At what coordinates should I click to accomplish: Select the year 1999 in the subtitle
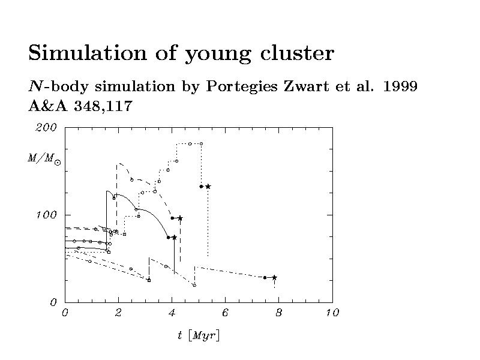coord(400,86)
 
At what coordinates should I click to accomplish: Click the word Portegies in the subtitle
coord(241,87)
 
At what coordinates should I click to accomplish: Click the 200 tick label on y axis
coord(47,127)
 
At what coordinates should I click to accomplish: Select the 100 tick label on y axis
coord(47,215)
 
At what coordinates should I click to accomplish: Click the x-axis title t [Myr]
coord(199,335)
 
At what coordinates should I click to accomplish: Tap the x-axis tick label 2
coord(118,313)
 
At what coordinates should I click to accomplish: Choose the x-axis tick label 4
coord(172,313)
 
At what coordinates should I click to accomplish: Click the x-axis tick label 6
coord(225,313)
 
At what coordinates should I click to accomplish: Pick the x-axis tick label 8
coord(278,313)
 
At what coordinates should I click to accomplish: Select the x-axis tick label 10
coord(332,313)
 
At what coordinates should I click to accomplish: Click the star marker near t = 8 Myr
coord(274,277)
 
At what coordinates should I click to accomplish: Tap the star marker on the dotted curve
coord(208,187)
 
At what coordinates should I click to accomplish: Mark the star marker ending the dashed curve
coord(180,218)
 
